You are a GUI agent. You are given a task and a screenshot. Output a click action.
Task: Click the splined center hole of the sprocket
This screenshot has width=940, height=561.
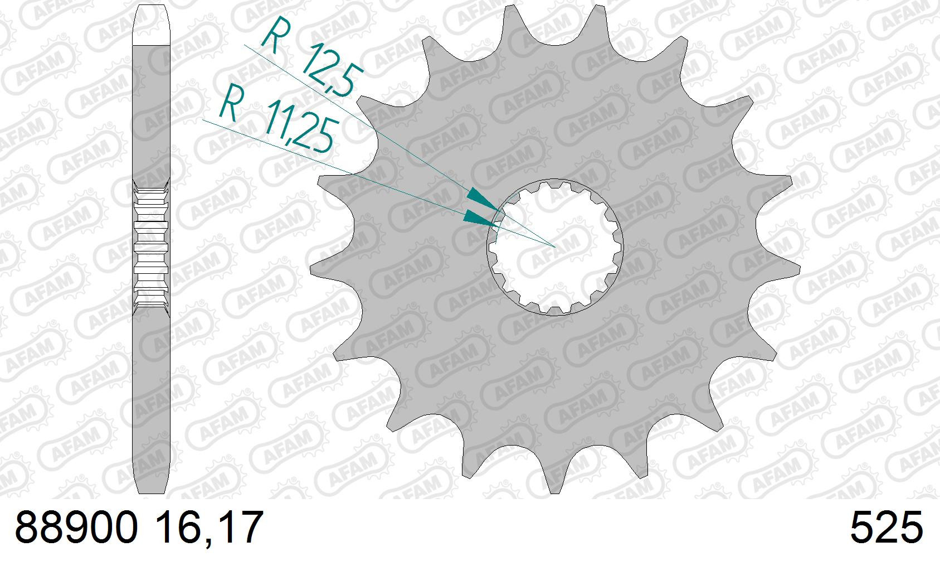point(555,248)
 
